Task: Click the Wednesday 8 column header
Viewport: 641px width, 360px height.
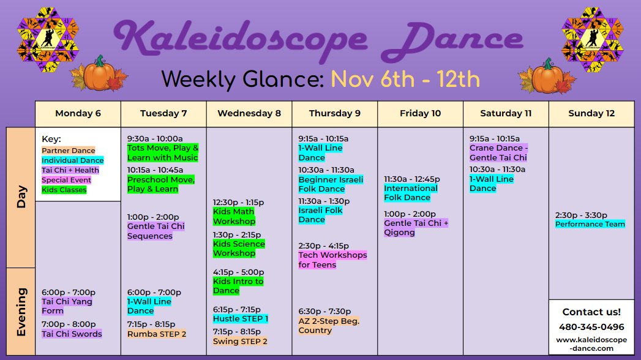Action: pyautogui.click(x=249, y=114)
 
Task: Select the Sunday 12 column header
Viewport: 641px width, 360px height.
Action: pyautogui.click(x=591, y=114)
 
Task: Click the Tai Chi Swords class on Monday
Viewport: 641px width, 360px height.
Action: pyautogui.click(x=72, y=334)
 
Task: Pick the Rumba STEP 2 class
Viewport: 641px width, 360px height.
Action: pyautogui.click(x=157, y=334)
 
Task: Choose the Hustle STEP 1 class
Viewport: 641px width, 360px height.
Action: pyautogui.click(x=241, y=319)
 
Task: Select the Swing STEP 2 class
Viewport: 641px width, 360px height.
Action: pyautogui.click(x=240, y=341)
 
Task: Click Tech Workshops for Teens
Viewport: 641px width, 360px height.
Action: pyautogui.click(x=332, y=260)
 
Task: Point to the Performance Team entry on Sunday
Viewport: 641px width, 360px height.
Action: pyautogui.click(x=590, y=224)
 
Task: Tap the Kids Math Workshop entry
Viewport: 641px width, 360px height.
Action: pyautogui.click(x=234, y=216)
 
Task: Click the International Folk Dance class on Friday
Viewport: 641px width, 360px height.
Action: pyautogui.click(x=410, y=193)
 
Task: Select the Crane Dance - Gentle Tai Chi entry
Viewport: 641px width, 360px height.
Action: pyautogui.click(x=498, y=153)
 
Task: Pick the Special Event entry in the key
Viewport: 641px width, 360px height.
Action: pyautogui.click(x=66, y=180)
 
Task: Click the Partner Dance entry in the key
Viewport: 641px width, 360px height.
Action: pyautogui.click(x=69, y=151)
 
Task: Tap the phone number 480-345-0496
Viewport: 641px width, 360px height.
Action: pyautogui.click(x=591, y=327)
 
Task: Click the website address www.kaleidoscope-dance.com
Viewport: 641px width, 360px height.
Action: pyautogui.click(x=591, y=344)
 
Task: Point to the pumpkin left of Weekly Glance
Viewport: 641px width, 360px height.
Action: pyautogui.click(x=99, y=73)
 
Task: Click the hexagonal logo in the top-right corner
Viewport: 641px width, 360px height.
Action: pyautogui.click(x=593, y=39)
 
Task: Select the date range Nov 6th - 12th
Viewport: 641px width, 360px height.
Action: pyautogui.click(x=405, y=79)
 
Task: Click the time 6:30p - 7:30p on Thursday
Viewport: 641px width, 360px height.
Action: pyautogui.click(x=324, y=312)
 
